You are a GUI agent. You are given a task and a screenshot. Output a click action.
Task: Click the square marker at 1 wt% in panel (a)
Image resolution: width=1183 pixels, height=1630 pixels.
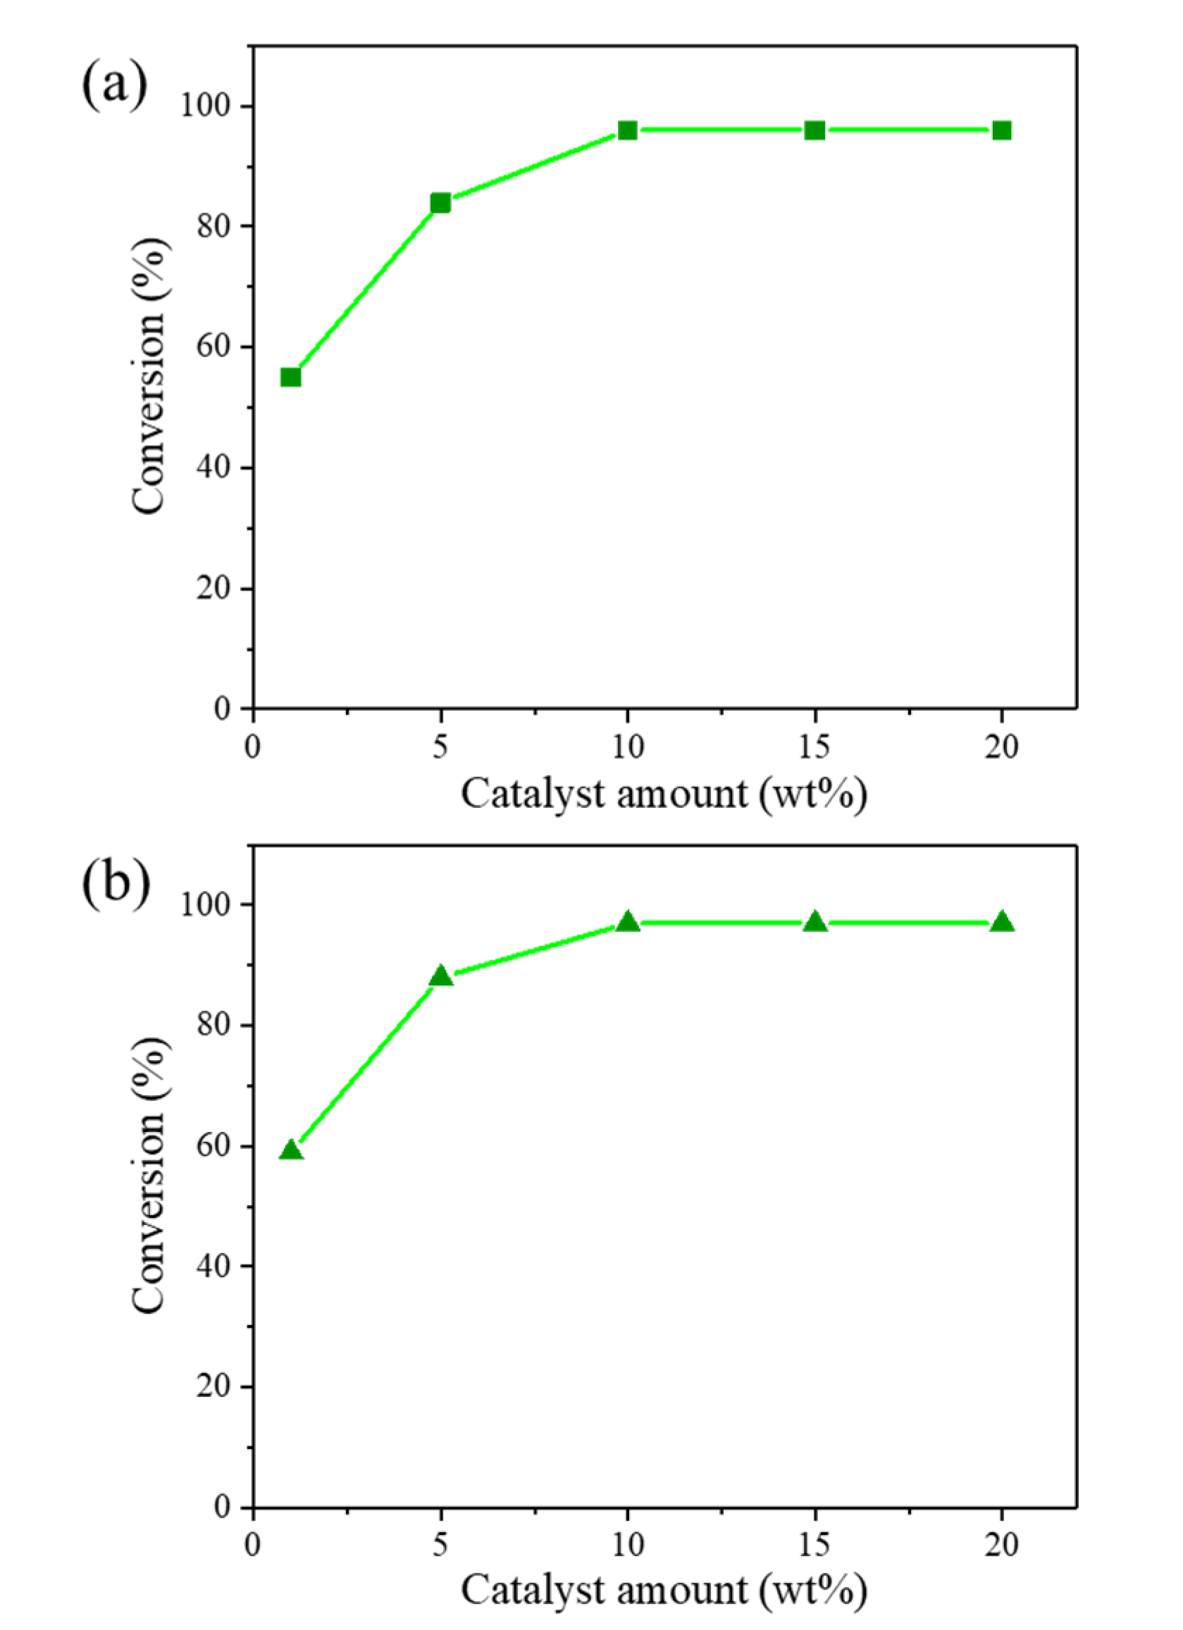(290, 378)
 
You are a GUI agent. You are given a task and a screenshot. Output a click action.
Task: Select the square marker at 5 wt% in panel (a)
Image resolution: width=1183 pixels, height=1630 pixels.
(440, 203)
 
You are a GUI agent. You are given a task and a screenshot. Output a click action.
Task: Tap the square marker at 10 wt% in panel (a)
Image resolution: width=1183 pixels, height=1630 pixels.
(628, 130)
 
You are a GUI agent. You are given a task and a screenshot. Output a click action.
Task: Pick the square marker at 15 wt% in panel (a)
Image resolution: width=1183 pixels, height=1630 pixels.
(815, 130)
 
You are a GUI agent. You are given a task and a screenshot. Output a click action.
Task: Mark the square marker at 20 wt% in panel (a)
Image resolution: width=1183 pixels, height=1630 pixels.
(1001, 130)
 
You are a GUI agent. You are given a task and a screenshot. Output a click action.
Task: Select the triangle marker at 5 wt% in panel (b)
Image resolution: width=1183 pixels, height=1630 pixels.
(440, 977)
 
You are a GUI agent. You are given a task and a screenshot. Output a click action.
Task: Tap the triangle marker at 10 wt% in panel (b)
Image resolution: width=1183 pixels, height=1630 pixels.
(628, 922)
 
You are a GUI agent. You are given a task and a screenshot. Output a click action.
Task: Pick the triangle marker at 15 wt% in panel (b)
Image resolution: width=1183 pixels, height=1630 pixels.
(815, 922)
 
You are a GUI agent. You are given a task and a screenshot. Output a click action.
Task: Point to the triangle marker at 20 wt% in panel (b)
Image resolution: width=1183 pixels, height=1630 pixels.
(1001, 922)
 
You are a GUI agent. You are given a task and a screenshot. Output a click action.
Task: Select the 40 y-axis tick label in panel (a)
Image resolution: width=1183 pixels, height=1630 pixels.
(215, 468)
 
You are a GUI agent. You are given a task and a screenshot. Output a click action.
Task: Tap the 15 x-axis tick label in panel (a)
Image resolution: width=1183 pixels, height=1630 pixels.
(815, 747)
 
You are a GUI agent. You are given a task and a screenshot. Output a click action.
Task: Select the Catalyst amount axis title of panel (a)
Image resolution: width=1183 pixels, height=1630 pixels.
(664, 794)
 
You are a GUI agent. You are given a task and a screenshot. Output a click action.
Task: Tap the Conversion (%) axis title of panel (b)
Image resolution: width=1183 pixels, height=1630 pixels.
(149, 1176)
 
